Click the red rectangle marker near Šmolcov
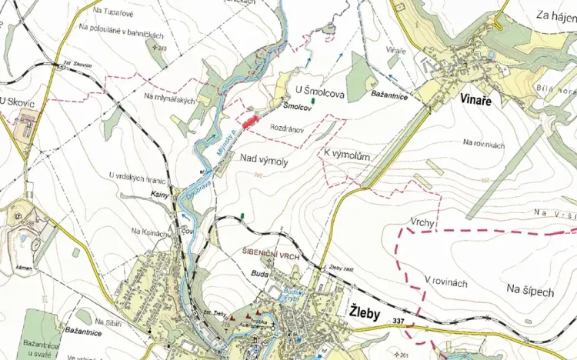pyautogui.click(x=248, y=121)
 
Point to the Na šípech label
pyautogui.click(x=530, y=289)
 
